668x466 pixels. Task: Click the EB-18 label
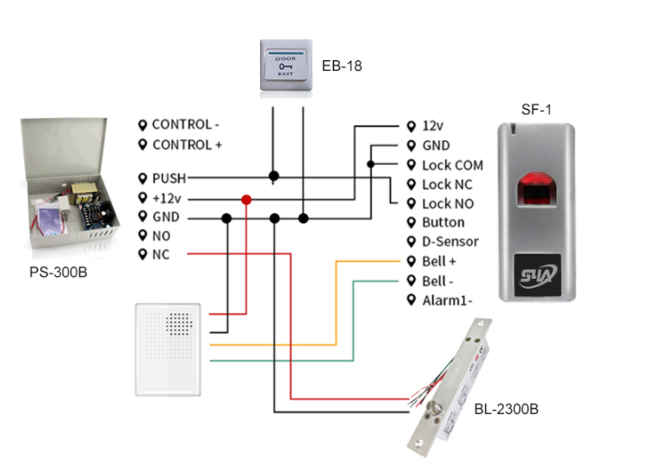coord(341,67)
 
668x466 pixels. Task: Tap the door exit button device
coord(286,67)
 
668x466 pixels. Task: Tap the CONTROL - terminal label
coord(185,125)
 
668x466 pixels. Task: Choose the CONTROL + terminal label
coord(187,145)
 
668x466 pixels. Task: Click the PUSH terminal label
coord(168,178)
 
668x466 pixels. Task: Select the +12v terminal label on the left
coord(167,198)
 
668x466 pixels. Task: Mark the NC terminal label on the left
coord(160,255)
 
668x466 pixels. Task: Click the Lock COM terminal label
coord(452,166)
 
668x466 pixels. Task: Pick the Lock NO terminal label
coord(449,203)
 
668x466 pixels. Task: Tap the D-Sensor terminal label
coord(450,242)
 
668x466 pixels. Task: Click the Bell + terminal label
coord(439,262)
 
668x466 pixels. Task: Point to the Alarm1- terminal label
coord(447,300)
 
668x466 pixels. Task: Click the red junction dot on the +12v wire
coord(246,199)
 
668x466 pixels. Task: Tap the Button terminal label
coord(443,222)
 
